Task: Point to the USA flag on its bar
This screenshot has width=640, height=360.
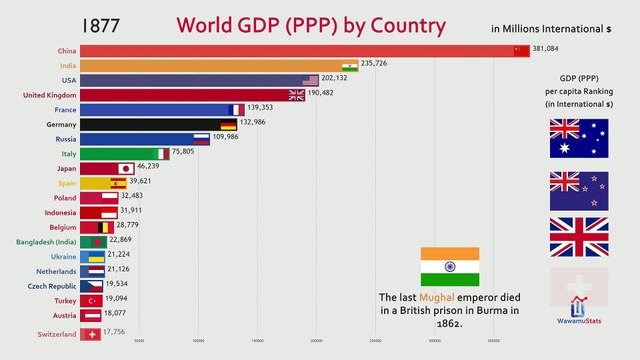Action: point(310,80)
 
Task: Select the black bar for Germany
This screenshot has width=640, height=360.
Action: point(150,125)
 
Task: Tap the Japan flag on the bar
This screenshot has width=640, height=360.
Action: point(126,169)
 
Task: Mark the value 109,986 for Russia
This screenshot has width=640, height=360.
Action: point(232,139)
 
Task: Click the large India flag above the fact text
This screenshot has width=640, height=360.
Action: point(449,266)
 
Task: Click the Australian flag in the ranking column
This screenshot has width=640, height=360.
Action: point(577,139)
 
